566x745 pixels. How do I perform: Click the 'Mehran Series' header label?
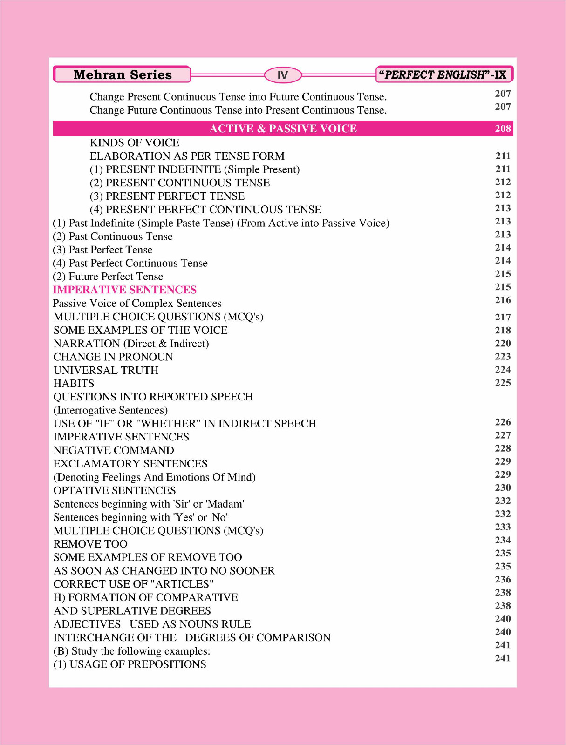(122, 75)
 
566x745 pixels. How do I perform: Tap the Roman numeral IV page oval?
(283, 75)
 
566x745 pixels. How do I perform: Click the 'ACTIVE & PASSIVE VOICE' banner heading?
(283, 129)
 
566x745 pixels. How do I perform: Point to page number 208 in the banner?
(503, 129)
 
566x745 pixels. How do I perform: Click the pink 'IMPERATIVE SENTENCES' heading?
(124, 290)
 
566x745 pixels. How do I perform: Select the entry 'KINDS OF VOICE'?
(134, 142)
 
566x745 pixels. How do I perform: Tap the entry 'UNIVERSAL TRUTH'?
(106, 370)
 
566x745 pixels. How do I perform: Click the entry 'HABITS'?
(74, 384)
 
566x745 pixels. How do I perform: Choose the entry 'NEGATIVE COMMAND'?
(114, 450)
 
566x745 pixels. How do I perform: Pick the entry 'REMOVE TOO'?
(90, 544)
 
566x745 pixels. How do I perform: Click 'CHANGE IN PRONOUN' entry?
(113, 357)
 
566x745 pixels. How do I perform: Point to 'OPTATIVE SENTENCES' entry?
(115, 490)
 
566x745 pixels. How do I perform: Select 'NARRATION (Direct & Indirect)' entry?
(131, 344)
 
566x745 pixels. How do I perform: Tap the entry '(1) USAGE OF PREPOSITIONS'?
(130, 664)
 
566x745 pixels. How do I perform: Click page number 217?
(503, 317)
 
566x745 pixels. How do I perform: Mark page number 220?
(503, 343)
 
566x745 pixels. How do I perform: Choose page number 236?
(503, 579)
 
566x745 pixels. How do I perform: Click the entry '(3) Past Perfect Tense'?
(102, 250)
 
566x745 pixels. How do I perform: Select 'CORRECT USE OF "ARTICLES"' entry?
(133, 584)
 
